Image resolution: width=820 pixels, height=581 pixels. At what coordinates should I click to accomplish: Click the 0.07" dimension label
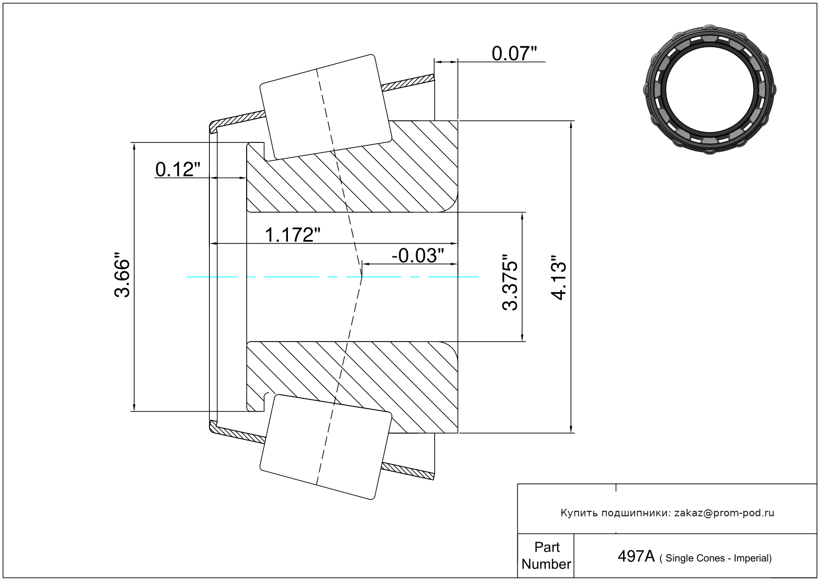tap(514, 53)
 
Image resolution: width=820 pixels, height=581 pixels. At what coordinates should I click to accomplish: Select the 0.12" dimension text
tap(178, 169)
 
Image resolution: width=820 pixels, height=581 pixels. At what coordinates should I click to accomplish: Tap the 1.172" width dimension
tap(292, 234)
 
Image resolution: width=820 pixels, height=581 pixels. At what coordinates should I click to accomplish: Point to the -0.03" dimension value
tap(417, 255)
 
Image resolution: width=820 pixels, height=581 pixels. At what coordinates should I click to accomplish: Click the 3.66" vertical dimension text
tap(122, 278)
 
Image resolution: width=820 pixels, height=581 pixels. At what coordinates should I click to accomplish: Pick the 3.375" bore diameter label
tap(511, 282)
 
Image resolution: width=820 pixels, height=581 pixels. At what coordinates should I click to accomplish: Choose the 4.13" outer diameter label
tap(559, 278)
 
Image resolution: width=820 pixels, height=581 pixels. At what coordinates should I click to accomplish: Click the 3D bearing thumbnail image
tap(710, 88)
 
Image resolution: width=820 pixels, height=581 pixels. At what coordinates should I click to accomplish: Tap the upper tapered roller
tap(326, 107)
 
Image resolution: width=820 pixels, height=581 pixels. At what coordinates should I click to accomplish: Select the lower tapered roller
tap(326, 447)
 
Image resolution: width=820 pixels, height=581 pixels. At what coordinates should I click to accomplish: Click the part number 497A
tap(636, 556)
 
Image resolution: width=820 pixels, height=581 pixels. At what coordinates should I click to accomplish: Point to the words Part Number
tap(546, 556)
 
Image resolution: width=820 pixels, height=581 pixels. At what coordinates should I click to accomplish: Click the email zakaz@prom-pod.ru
tap(724, 513)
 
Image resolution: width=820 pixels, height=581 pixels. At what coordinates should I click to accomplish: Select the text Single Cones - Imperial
tap(718, 558)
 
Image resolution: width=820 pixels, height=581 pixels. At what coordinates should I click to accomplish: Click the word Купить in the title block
tap(579, 513)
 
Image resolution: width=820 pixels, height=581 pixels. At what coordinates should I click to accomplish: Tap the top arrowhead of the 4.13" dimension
tap(571, 125)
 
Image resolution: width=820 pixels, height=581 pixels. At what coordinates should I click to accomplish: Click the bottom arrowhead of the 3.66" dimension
tap(134, 407)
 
